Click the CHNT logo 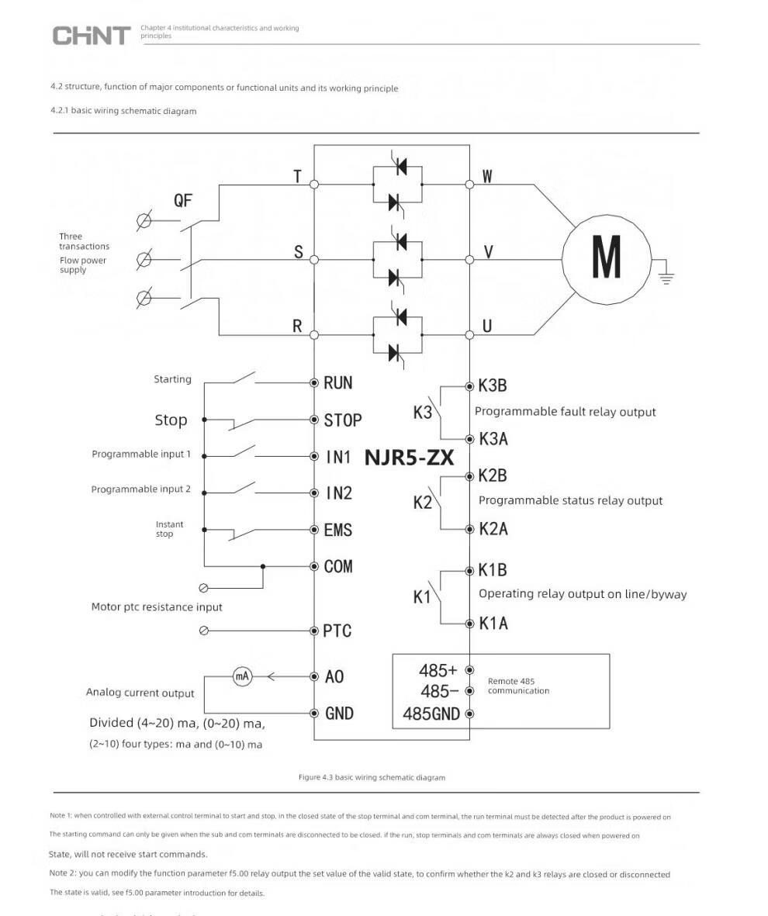click(91, 35)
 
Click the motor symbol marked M click(606, 256)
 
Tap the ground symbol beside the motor click(666, 277)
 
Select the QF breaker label click(182, 201)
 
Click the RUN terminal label click(337, 382)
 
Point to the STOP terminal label click(342, 420)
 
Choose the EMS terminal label click(337, 531)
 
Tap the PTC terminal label click(337, 631)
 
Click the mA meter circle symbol click(242, 676)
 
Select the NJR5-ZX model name click(409, 457)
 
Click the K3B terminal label click(492, 386)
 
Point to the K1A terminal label click(493, 624)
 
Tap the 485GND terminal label click(431, 714)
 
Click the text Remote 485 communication click(518, 686)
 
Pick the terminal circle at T click(314, 185)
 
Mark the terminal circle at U click(469, 335)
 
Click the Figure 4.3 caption click(372, 777)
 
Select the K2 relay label click(422, 503)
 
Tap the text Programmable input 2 click(140, 489)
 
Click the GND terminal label click(339, 714)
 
